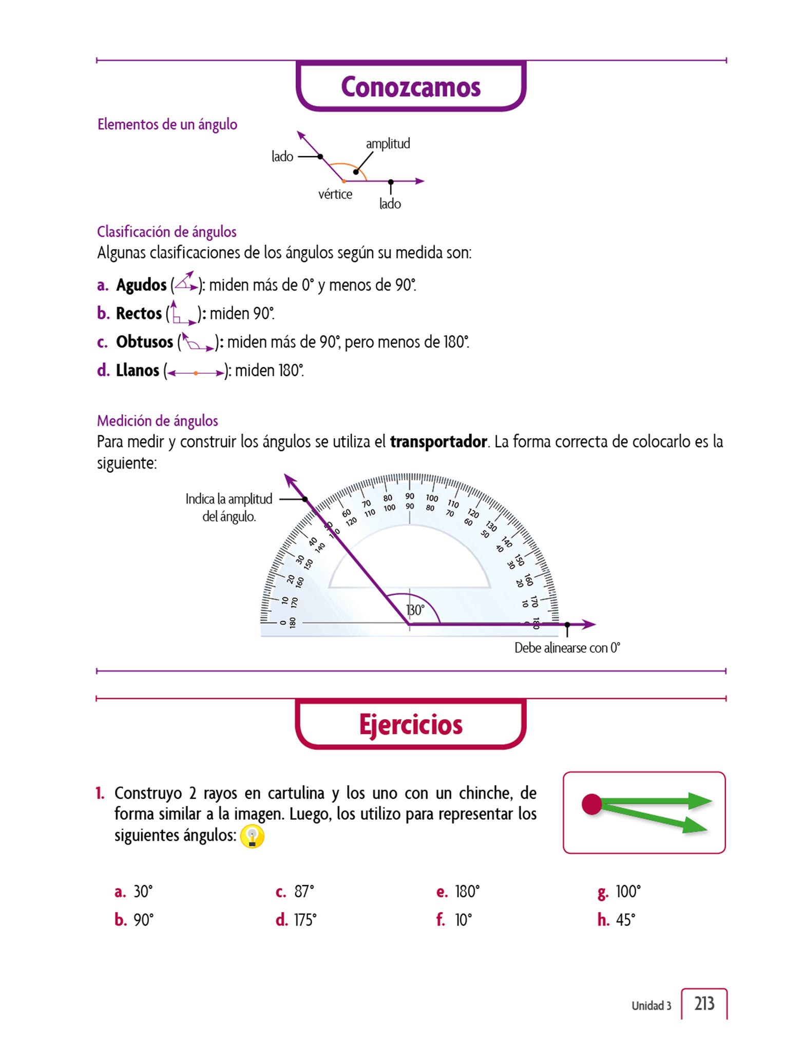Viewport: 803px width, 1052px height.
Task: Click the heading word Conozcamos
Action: [411, 87]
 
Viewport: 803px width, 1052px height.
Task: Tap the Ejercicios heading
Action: [411, 725]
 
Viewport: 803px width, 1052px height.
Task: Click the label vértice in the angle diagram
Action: [335, 194]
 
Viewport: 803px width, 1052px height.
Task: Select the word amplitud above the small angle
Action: [388, 143]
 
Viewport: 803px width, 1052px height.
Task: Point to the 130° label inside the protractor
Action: [415, 610]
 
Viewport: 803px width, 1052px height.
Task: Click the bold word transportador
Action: [438, 442]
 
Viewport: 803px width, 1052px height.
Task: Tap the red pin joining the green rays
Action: [591, 804]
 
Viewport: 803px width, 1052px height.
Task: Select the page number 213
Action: [704, 1003]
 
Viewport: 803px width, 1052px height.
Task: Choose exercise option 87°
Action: [303, 891]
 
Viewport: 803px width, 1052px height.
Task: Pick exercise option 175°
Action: [304, 919]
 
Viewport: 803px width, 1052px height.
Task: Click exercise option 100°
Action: [627, 891]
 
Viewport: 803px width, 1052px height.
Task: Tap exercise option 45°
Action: [625, 919]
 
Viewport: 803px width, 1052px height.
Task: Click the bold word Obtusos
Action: [144, 342]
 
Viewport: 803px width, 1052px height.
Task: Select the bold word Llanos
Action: [138, 370]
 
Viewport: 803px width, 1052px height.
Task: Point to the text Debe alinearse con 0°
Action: [567, 648]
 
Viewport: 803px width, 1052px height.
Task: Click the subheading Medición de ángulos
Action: [157, 421]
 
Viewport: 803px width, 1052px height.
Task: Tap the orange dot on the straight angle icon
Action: [196, 373]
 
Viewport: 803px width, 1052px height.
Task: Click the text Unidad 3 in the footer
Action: [651, 1005]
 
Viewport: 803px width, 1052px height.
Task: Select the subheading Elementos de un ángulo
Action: [167, 124]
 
